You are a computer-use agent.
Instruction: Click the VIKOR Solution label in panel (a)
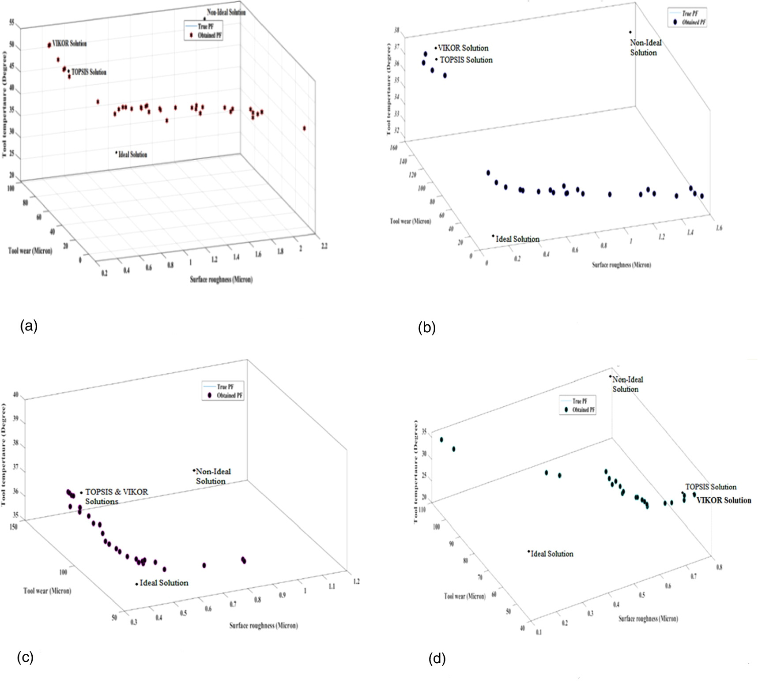[x=69, y=44]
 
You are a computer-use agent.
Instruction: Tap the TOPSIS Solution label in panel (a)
[x=89, y=72]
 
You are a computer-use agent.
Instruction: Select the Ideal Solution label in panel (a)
[x=132, y=155]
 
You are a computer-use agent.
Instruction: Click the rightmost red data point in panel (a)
[x=305, y=128]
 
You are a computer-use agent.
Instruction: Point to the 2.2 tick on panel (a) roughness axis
[x=324, y=246]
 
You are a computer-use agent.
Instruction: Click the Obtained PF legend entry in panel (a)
[x=209, y=35]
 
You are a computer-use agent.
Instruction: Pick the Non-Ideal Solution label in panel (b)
[x=645, y=48]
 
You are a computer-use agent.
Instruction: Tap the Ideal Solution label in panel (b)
[x=517, y=239]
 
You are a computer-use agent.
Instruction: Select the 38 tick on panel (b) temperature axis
[x=397, y=30]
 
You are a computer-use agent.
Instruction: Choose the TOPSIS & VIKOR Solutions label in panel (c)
[x=116, y=496]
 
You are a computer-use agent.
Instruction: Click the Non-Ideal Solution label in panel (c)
[x=213, y=477]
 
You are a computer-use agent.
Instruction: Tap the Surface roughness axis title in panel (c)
[x=263, y=626]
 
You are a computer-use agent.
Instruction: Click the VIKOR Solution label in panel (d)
[x=724, y=500]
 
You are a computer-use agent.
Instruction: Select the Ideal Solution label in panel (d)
[x=551, y=554]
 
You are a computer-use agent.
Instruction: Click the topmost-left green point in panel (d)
[x=441, y=439]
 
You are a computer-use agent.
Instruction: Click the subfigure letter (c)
[x=25, y=658]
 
